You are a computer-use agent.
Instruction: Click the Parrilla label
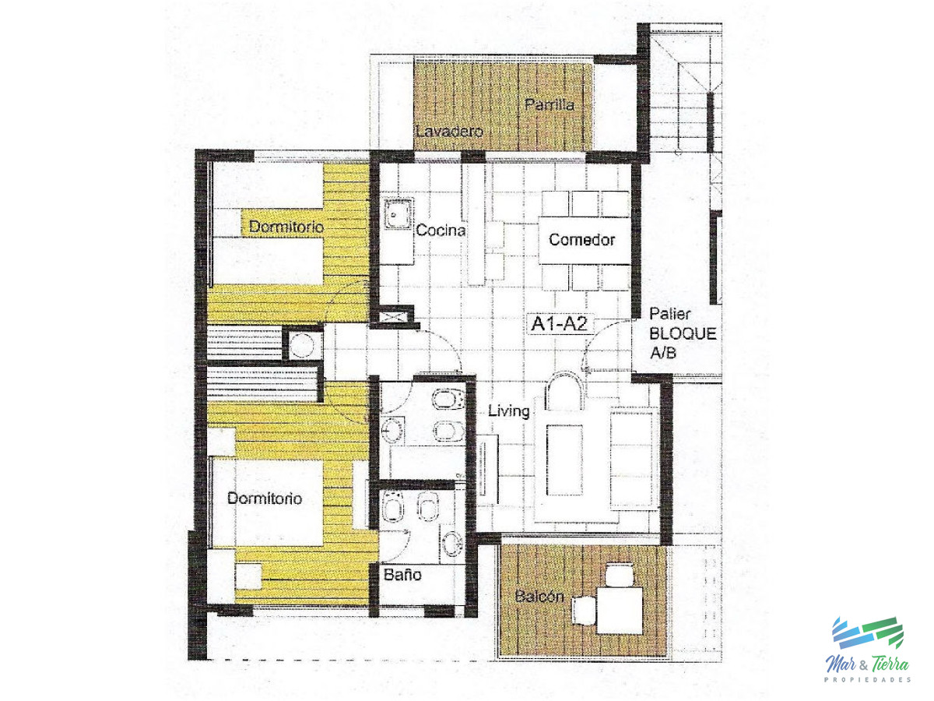549,105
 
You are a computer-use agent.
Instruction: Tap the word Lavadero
450,132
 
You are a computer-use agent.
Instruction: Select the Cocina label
441,231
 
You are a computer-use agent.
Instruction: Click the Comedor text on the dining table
581,240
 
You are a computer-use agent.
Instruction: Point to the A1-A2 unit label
559,324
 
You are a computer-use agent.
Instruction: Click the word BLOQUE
683,333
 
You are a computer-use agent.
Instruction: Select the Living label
508,411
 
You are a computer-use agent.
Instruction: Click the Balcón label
539,597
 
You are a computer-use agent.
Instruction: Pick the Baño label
402,576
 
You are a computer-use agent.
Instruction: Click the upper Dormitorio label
286,227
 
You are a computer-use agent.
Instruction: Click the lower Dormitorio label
265,498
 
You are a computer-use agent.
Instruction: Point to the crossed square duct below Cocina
391,317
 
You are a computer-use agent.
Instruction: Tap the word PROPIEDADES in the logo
867,679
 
